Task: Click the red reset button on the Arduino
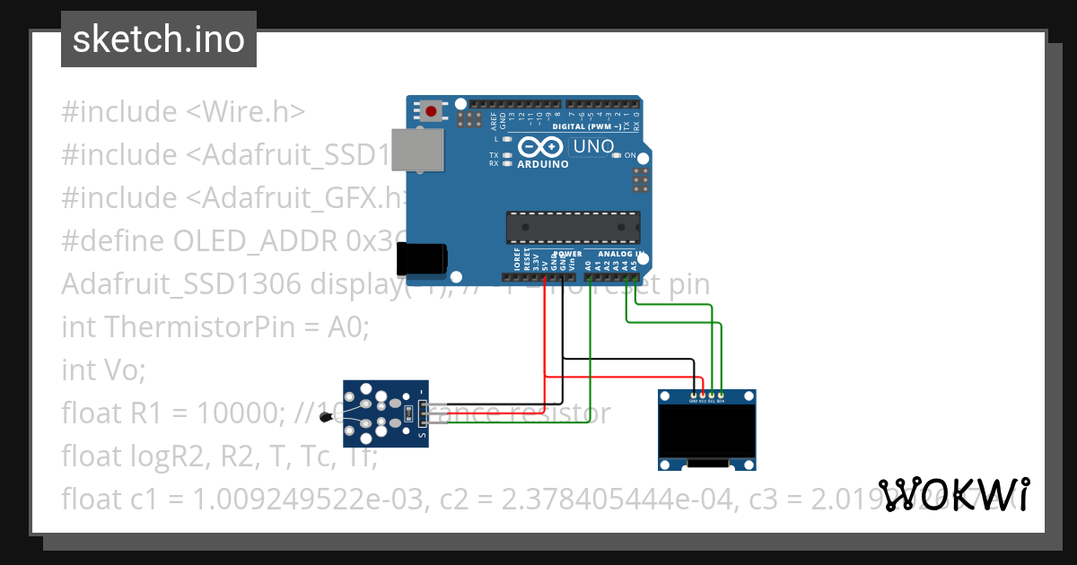[x=432, y=112]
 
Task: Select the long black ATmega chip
[x=573, y=228]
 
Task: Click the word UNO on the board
[x=593, y=146]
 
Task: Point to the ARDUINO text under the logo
[x=543, y=164]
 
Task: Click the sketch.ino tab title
[x=159, y=39]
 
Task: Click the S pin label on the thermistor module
[x=424, y=437]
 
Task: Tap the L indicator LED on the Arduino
[x=507, y=139]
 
